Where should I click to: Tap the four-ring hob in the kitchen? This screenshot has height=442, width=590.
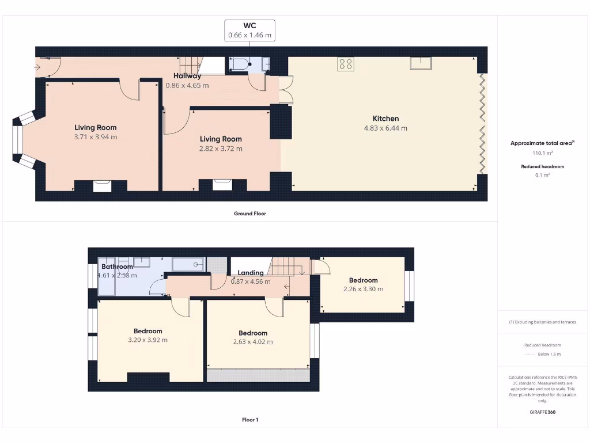[x=346, y=64]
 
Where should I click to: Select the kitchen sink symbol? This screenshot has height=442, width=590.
[x=421, y=63]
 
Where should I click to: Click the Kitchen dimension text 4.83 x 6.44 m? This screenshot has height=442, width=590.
[x=385, y=128]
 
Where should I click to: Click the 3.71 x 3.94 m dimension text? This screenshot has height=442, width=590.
[x=96, y=137]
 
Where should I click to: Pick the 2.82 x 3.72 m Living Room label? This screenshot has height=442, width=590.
[x=221, y=148]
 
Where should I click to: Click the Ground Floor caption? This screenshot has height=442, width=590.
[x=250, y=214]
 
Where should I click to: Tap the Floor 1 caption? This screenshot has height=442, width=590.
[x=250, y=420]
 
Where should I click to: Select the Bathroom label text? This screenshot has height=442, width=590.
[x=117, y=266]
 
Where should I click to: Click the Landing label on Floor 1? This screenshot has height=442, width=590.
[x=250, y=273]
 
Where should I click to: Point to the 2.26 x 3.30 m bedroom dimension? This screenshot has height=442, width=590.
[x=363, y=289]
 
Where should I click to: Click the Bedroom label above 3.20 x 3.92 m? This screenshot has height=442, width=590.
[x=148, y=331]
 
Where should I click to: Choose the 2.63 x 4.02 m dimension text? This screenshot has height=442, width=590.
[x=253, y=342]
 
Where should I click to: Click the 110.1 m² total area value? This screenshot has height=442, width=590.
[x=542, y=154]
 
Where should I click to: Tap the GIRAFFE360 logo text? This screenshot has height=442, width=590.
[x=542, y=412]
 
